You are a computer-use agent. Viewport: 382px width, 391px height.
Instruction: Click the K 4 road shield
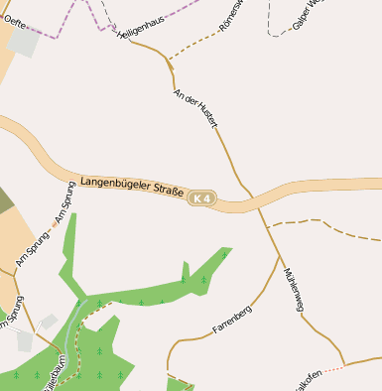(x=201, y=198)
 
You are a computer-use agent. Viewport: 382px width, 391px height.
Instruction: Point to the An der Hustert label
(x=194, y=110)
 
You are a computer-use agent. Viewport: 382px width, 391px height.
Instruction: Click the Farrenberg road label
(x=232, y=320)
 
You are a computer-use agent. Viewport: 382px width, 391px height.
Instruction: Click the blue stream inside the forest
(x=70, y=337)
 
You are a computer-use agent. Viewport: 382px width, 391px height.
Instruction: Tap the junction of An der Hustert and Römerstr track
(x=170, y=62)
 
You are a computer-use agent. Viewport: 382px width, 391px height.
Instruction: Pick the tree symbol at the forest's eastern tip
(x=224, y=255)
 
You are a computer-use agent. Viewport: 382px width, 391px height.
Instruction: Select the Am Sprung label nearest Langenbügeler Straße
(x=64, y=202)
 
